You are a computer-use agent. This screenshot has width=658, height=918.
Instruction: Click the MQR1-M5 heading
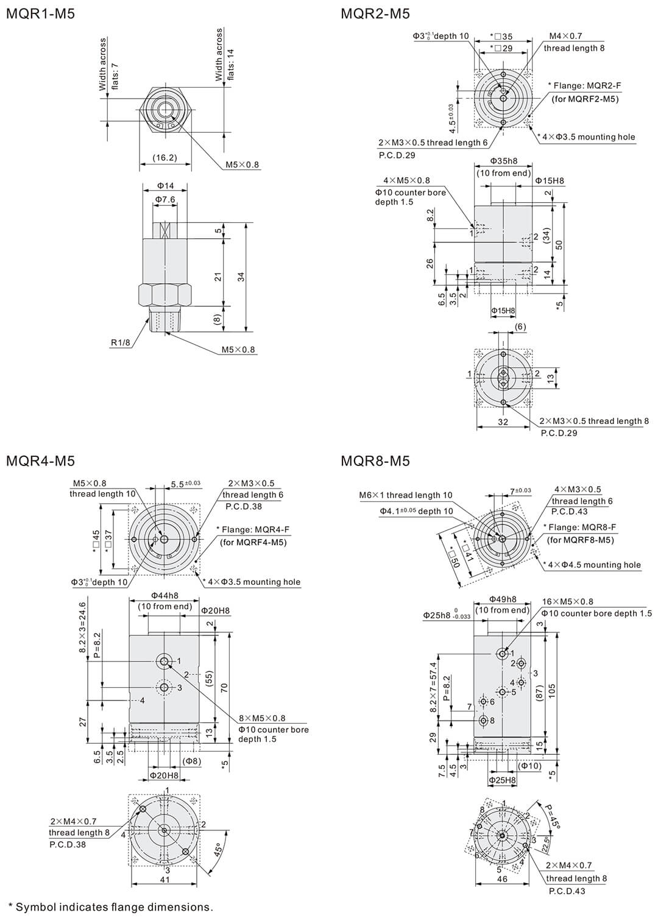point(40,13)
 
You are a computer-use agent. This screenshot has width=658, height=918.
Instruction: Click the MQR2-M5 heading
point(375,13)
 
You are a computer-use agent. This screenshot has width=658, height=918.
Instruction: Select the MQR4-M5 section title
point(40,461)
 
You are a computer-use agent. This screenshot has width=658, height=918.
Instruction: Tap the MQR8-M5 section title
point(375,461)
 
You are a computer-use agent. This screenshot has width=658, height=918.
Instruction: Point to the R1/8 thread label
point(121,342)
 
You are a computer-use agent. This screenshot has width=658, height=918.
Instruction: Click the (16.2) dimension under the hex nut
point(164,158)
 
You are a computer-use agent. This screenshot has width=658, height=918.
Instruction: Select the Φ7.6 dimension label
point(165,199)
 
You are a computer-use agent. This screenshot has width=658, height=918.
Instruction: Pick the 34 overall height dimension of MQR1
point(241,277)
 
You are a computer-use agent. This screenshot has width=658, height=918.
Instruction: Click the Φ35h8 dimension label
point(503,161)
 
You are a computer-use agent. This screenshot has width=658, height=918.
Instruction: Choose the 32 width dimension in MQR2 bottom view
point(503,421)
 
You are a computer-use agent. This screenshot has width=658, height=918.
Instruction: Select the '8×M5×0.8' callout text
point(262,718)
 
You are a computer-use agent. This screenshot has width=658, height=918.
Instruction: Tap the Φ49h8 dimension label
point(503,599)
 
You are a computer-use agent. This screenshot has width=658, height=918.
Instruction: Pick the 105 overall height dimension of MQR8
point(552,690)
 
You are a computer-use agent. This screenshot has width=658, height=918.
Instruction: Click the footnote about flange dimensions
point(110,907)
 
